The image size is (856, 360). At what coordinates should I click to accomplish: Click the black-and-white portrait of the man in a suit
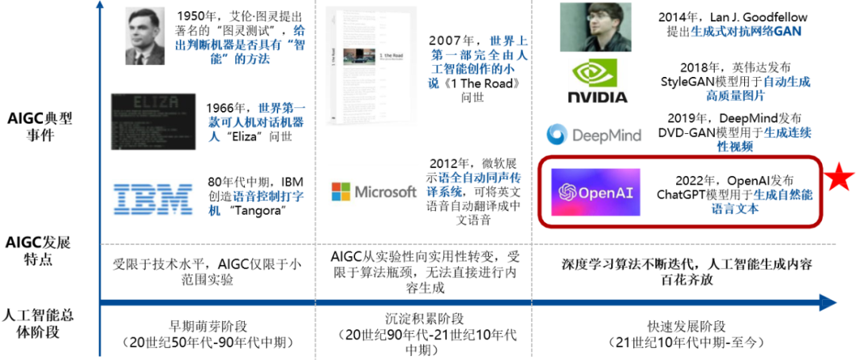pyautogui.click(x=145, y=36)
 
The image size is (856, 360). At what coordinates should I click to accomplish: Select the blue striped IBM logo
pyautogui.click(x=153, y=198)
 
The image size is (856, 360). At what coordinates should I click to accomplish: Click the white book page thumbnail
pyautogui.click(x=372, y=65)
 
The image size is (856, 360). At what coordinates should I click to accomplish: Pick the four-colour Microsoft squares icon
pyautogui.click(x=340, y=192)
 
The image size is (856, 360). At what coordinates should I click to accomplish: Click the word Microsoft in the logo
pyautogui.click(x=384, y=192)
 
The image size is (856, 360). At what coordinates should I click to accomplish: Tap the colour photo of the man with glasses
pyautogui.click(x=595, y=27)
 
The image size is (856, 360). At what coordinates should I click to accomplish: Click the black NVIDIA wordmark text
pyautogui.click(x=598, y=97)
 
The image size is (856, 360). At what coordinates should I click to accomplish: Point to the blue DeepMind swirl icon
pyautogui.click(x=557, y=135)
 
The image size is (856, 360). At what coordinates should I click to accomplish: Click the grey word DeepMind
pyautogui.click(x=606, y=136)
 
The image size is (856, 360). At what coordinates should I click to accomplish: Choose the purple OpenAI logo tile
pyautogui.click(x=596, y=192)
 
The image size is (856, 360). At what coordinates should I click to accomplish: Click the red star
pyautogui.click(x=839, y=178)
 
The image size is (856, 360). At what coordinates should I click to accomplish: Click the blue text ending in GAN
pyautogui.click(x=745, y=32)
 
